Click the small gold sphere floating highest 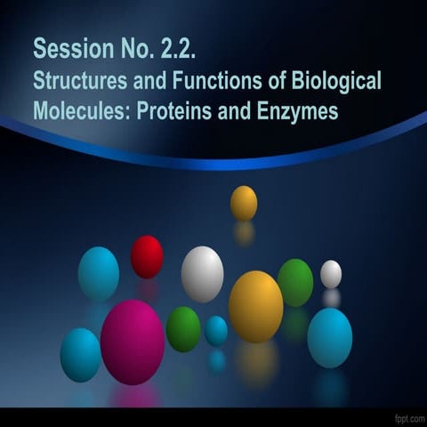244,203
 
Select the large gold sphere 255,306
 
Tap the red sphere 147,256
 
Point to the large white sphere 203,274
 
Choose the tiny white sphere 331,274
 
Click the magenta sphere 133,342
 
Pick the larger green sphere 295,283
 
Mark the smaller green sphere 183,329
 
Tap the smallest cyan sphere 216,331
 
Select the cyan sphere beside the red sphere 99,273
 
